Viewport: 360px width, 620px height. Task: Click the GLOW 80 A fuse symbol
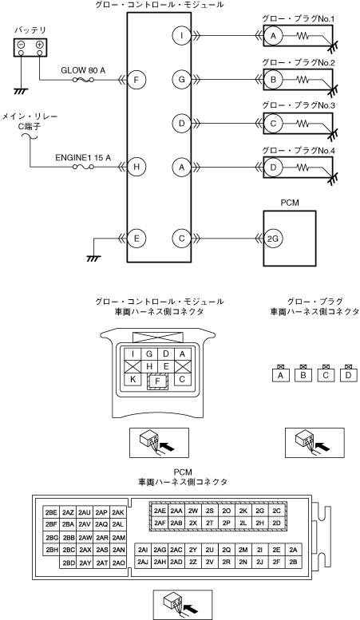[83, 81]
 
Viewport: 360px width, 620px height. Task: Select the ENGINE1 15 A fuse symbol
[83, 168]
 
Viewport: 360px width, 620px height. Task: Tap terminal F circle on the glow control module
[136, 81]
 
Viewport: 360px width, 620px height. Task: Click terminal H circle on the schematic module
[136, 167]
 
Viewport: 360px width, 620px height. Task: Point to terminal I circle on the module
[181, 36]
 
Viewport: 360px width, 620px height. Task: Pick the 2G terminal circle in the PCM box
[273, 239]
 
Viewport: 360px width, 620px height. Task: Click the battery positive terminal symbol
[40, 45]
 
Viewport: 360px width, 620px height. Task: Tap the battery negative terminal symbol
[22, 45]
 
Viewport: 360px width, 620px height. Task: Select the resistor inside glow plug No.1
[303, 36]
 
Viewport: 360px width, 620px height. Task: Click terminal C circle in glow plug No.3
[273, 124]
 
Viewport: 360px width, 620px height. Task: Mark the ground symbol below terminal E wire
[93, 259]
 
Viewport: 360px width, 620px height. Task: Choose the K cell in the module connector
[133, 380]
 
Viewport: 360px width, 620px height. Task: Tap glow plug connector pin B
[303, 375]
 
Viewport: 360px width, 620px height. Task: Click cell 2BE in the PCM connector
[51, 512]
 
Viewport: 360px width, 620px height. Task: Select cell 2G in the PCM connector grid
[259, 511]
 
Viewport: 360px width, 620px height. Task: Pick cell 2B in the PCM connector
[293, 562]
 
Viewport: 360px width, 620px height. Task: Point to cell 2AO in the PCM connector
[118, 563]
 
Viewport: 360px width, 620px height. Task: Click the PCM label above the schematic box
[290, 203]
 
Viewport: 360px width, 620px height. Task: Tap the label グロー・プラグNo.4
[299, 150]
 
